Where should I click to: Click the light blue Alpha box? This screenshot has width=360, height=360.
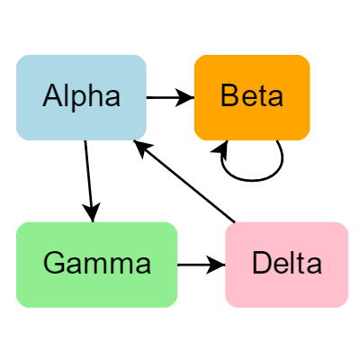pos(81,97)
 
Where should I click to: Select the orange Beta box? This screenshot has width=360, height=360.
pos(252,97)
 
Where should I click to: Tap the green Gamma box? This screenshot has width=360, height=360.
pos(96,265)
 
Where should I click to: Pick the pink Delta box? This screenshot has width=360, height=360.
pos(286,265)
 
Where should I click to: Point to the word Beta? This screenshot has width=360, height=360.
pos(252,95)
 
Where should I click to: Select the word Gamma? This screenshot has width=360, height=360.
pos(97,263)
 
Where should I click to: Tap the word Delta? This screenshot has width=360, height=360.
pos(287,263)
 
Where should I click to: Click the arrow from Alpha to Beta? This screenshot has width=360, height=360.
pos(170,97)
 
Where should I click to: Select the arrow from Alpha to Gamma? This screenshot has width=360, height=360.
pos(89,181)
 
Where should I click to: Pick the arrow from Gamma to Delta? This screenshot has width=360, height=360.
pos(202,265)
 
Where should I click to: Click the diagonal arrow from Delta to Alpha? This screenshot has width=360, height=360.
pos(184,181)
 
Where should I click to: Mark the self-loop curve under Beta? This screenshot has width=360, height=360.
pos(252,181)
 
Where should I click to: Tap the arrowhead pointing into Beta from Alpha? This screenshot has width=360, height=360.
pos(184,97)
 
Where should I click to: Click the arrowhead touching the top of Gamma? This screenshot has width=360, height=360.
pos(92,212)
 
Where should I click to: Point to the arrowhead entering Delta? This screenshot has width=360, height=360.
pos(216,265)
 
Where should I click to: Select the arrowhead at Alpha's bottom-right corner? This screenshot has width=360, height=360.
pos(141,147)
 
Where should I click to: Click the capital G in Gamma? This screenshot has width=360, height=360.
pos(54,263)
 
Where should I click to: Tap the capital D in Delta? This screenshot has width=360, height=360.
pos(262,263)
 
